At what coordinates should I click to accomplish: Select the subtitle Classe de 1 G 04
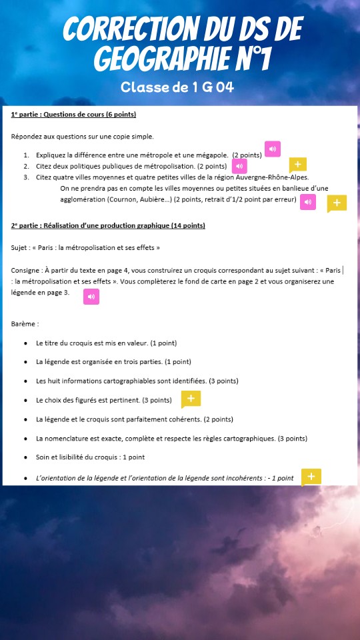177,87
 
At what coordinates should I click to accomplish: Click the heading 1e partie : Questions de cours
73,115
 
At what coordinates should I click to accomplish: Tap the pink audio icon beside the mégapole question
273,149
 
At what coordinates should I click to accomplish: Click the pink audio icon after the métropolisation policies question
239,166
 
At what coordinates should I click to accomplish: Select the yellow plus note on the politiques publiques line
298,165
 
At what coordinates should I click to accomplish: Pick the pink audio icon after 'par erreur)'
308,202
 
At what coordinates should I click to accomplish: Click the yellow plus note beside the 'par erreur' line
337,203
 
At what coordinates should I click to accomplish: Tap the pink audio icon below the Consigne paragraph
91,297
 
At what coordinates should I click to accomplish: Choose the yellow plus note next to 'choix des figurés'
191,399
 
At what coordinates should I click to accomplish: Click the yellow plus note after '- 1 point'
311,477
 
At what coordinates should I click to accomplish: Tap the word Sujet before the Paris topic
20,247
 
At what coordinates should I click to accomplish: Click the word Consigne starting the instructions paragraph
26,270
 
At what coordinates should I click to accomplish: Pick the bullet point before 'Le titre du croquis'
25,343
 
